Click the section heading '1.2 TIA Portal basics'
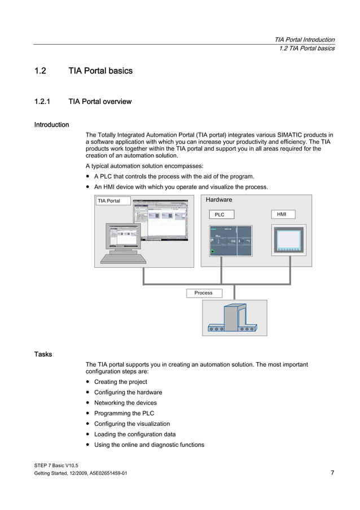pyautogui.click(x=83, y=71)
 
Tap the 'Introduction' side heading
pyautogui.click(x=51, y=124)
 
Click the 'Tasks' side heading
pyautogui.click(x=43, y=354)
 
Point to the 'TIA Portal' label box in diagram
pyautogui.click(x=113, y=201)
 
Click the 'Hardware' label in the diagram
pyautogui.click(x=218, y=200)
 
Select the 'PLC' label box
pyautogui.click(x=219, y=215)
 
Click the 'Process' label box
pyautogui.click(x=204, y=293)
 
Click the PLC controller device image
pyautogui.click(x=231, y=241)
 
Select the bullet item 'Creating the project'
pyautogui.click(x=120, y=382)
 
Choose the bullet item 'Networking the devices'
pyautogui.click(x=125, y=403)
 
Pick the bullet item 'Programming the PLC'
pyautogui.click(x=124, y=413)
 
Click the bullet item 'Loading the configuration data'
pyautogui.click(x=134, y=434)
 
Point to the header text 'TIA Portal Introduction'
pyautogui.click(x=304, y=40)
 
